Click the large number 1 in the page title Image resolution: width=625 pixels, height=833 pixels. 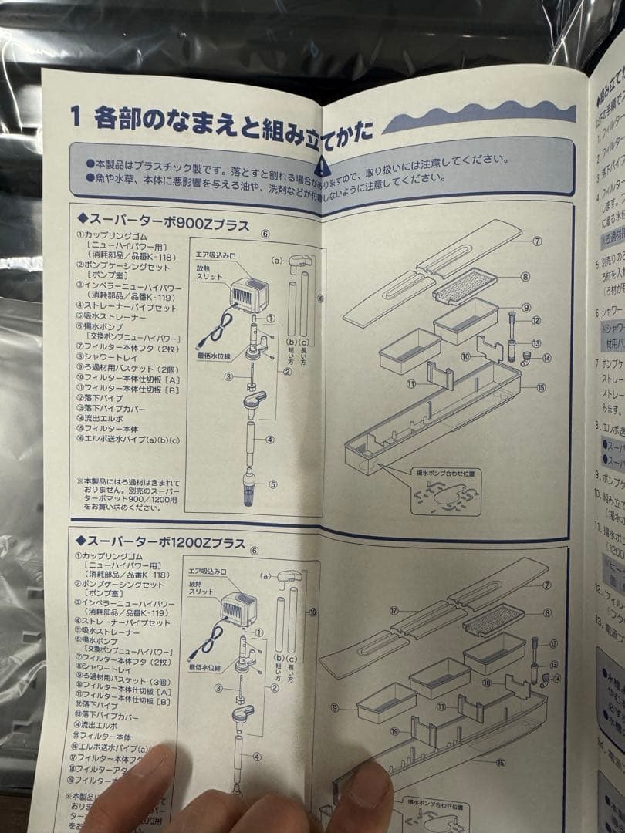pos(76,117)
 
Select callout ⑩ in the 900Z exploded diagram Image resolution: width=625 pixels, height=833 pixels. pos(465,356)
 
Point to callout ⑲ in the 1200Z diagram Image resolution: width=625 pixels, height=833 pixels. pos(394,731)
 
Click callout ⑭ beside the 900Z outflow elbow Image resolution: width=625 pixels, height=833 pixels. pos(546,358)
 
